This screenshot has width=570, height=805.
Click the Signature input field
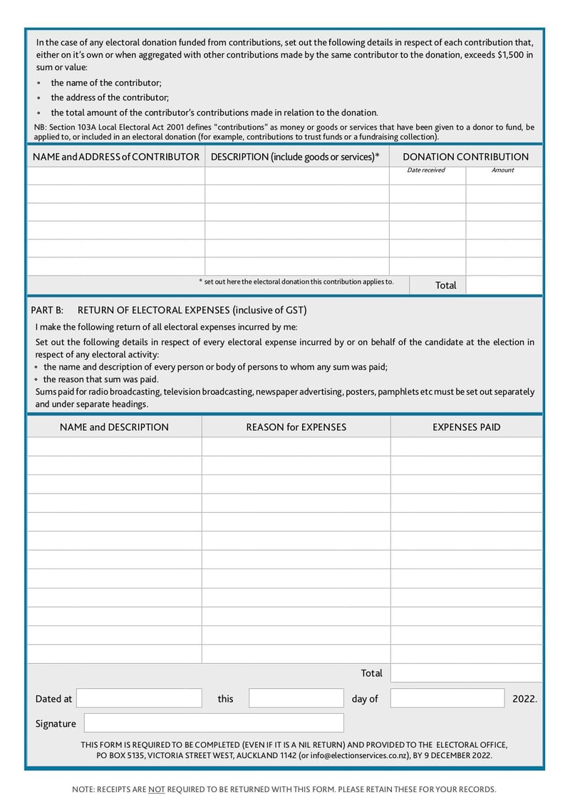(x=213, y=723)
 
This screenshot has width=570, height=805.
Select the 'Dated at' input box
(x=139, y=698)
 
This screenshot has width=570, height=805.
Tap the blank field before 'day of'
(x=296, y=698)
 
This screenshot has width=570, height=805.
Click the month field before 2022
(x=447, y=698)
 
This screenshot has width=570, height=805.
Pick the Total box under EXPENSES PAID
(x=466, y=673)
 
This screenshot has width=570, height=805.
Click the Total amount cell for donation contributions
(x=504, y=285)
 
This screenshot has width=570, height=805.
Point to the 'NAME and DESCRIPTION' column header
(x=114, y=427)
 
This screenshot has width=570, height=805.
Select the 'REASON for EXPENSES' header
(x=296, y=427)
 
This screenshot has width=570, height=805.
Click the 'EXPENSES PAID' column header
(x=466, y=427)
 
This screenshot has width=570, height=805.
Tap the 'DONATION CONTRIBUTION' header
(x=465, y=157)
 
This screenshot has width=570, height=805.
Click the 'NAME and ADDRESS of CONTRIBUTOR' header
(x=116, y=157)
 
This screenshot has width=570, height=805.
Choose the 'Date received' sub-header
(x=426, y=170)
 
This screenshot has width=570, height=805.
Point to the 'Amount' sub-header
(x=503, y=170)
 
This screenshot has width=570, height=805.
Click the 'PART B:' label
(x=47, y=310)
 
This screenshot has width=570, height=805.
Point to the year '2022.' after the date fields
(x=524, y=699)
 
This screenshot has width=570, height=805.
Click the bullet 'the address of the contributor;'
(x=110, y=98)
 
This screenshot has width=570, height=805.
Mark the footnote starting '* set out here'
(x=296, y=281)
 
